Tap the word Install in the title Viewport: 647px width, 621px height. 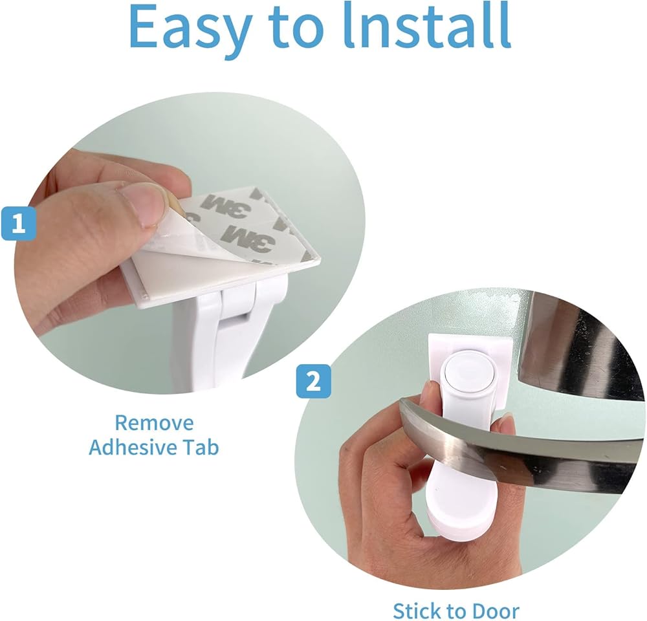click(428, 25)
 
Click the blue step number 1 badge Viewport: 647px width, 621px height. click(18, 224)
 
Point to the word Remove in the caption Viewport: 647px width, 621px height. click(154, 423)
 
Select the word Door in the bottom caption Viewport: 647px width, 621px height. click(495, 610)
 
